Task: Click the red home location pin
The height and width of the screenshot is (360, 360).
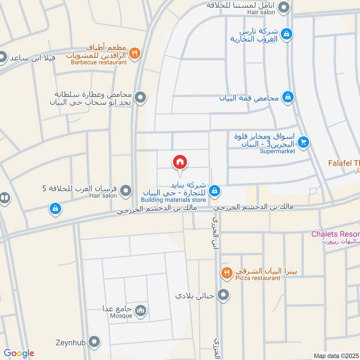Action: point(180,162)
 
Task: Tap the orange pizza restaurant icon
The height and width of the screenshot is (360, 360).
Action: point(226,272)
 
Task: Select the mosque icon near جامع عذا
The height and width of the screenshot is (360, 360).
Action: point(141,310)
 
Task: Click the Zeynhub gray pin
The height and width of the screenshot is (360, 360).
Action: point(94,342)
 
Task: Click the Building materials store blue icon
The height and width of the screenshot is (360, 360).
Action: point(215,191)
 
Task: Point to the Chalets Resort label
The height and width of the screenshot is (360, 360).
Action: point(336,234)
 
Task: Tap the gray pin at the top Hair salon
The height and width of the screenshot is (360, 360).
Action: point(283,7)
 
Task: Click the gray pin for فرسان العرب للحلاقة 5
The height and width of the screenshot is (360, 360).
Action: point(126,191)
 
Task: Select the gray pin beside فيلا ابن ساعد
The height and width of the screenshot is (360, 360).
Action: point(3,58)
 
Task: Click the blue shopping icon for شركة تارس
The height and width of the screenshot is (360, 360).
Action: point(286,34)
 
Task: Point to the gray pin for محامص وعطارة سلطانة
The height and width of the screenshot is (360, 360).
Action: point(141,97)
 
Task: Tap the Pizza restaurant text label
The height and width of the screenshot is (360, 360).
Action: point(257,278)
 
